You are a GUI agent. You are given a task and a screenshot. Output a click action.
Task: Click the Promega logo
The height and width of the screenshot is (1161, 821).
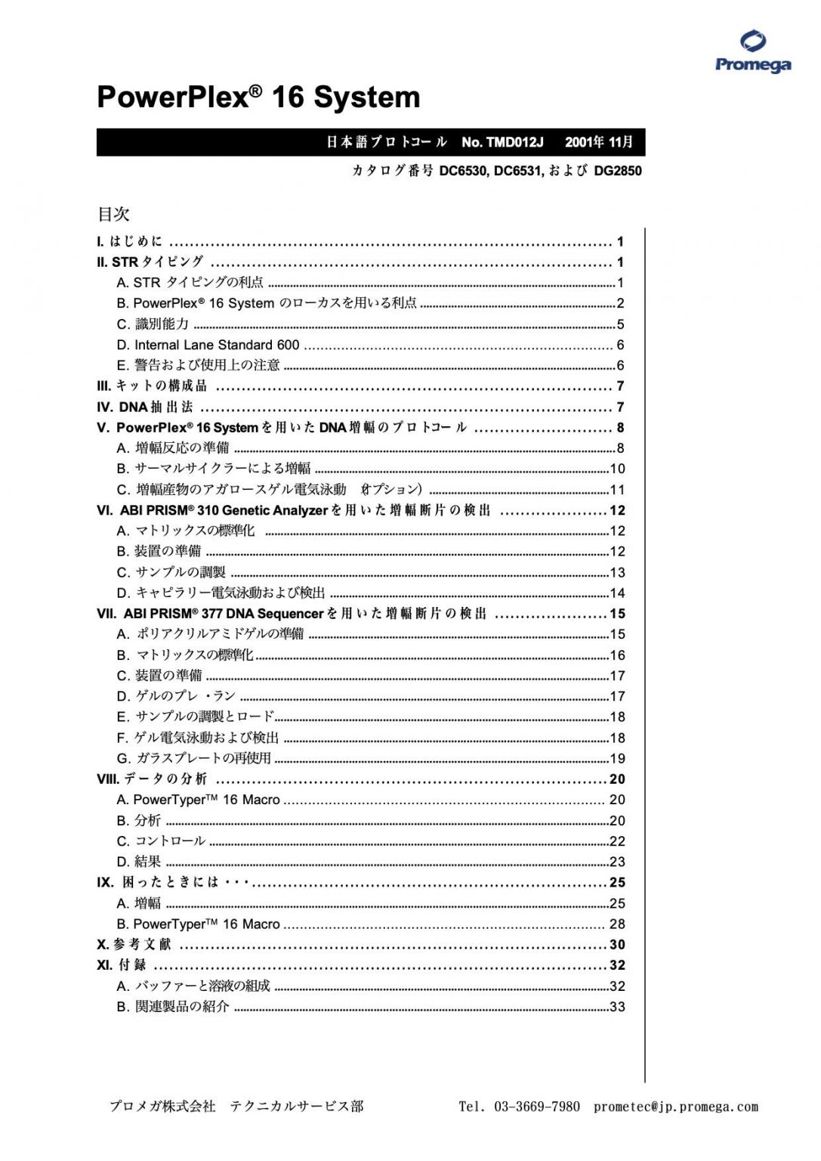(x=752, y=51)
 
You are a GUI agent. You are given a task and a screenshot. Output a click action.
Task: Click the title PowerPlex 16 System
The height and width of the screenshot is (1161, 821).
(x=258, y=98)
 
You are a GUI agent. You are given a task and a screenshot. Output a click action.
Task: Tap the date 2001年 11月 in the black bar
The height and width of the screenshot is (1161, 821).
(x=599, y=142)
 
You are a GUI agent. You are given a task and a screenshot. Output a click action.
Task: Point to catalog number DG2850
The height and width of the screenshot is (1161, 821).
(x=618, y=171)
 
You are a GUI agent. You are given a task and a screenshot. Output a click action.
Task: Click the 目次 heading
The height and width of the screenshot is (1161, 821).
(x=113, y=215)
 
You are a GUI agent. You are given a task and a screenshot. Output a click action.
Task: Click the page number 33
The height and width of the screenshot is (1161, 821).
(x=617, y=1007)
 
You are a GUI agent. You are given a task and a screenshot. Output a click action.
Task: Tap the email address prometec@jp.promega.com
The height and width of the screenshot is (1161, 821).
(x=675, y=1107)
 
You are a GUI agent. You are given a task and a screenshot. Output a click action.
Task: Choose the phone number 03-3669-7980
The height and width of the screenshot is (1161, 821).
(x=537, y=1107)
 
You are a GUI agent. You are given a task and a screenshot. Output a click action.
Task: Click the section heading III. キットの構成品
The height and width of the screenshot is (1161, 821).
(x=152, y=386)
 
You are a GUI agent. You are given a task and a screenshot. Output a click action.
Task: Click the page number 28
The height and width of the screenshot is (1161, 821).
(x=617, y=924)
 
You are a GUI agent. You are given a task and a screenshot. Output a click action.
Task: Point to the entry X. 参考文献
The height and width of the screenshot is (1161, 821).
(x=134, y=945)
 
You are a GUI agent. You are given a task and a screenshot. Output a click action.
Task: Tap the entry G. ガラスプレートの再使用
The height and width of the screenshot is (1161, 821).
(x=193, y=758)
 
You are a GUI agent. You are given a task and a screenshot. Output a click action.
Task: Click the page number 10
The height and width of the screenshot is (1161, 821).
(x=617, y=469)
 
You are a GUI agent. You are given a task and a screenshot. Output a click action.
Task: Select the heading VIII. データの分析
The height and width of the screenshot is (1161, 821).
(x=152, y=779)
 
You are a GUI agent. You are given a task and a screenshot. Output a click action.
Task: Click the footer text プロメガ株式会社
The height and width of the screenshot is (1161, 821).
(x=162, y=1107)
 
